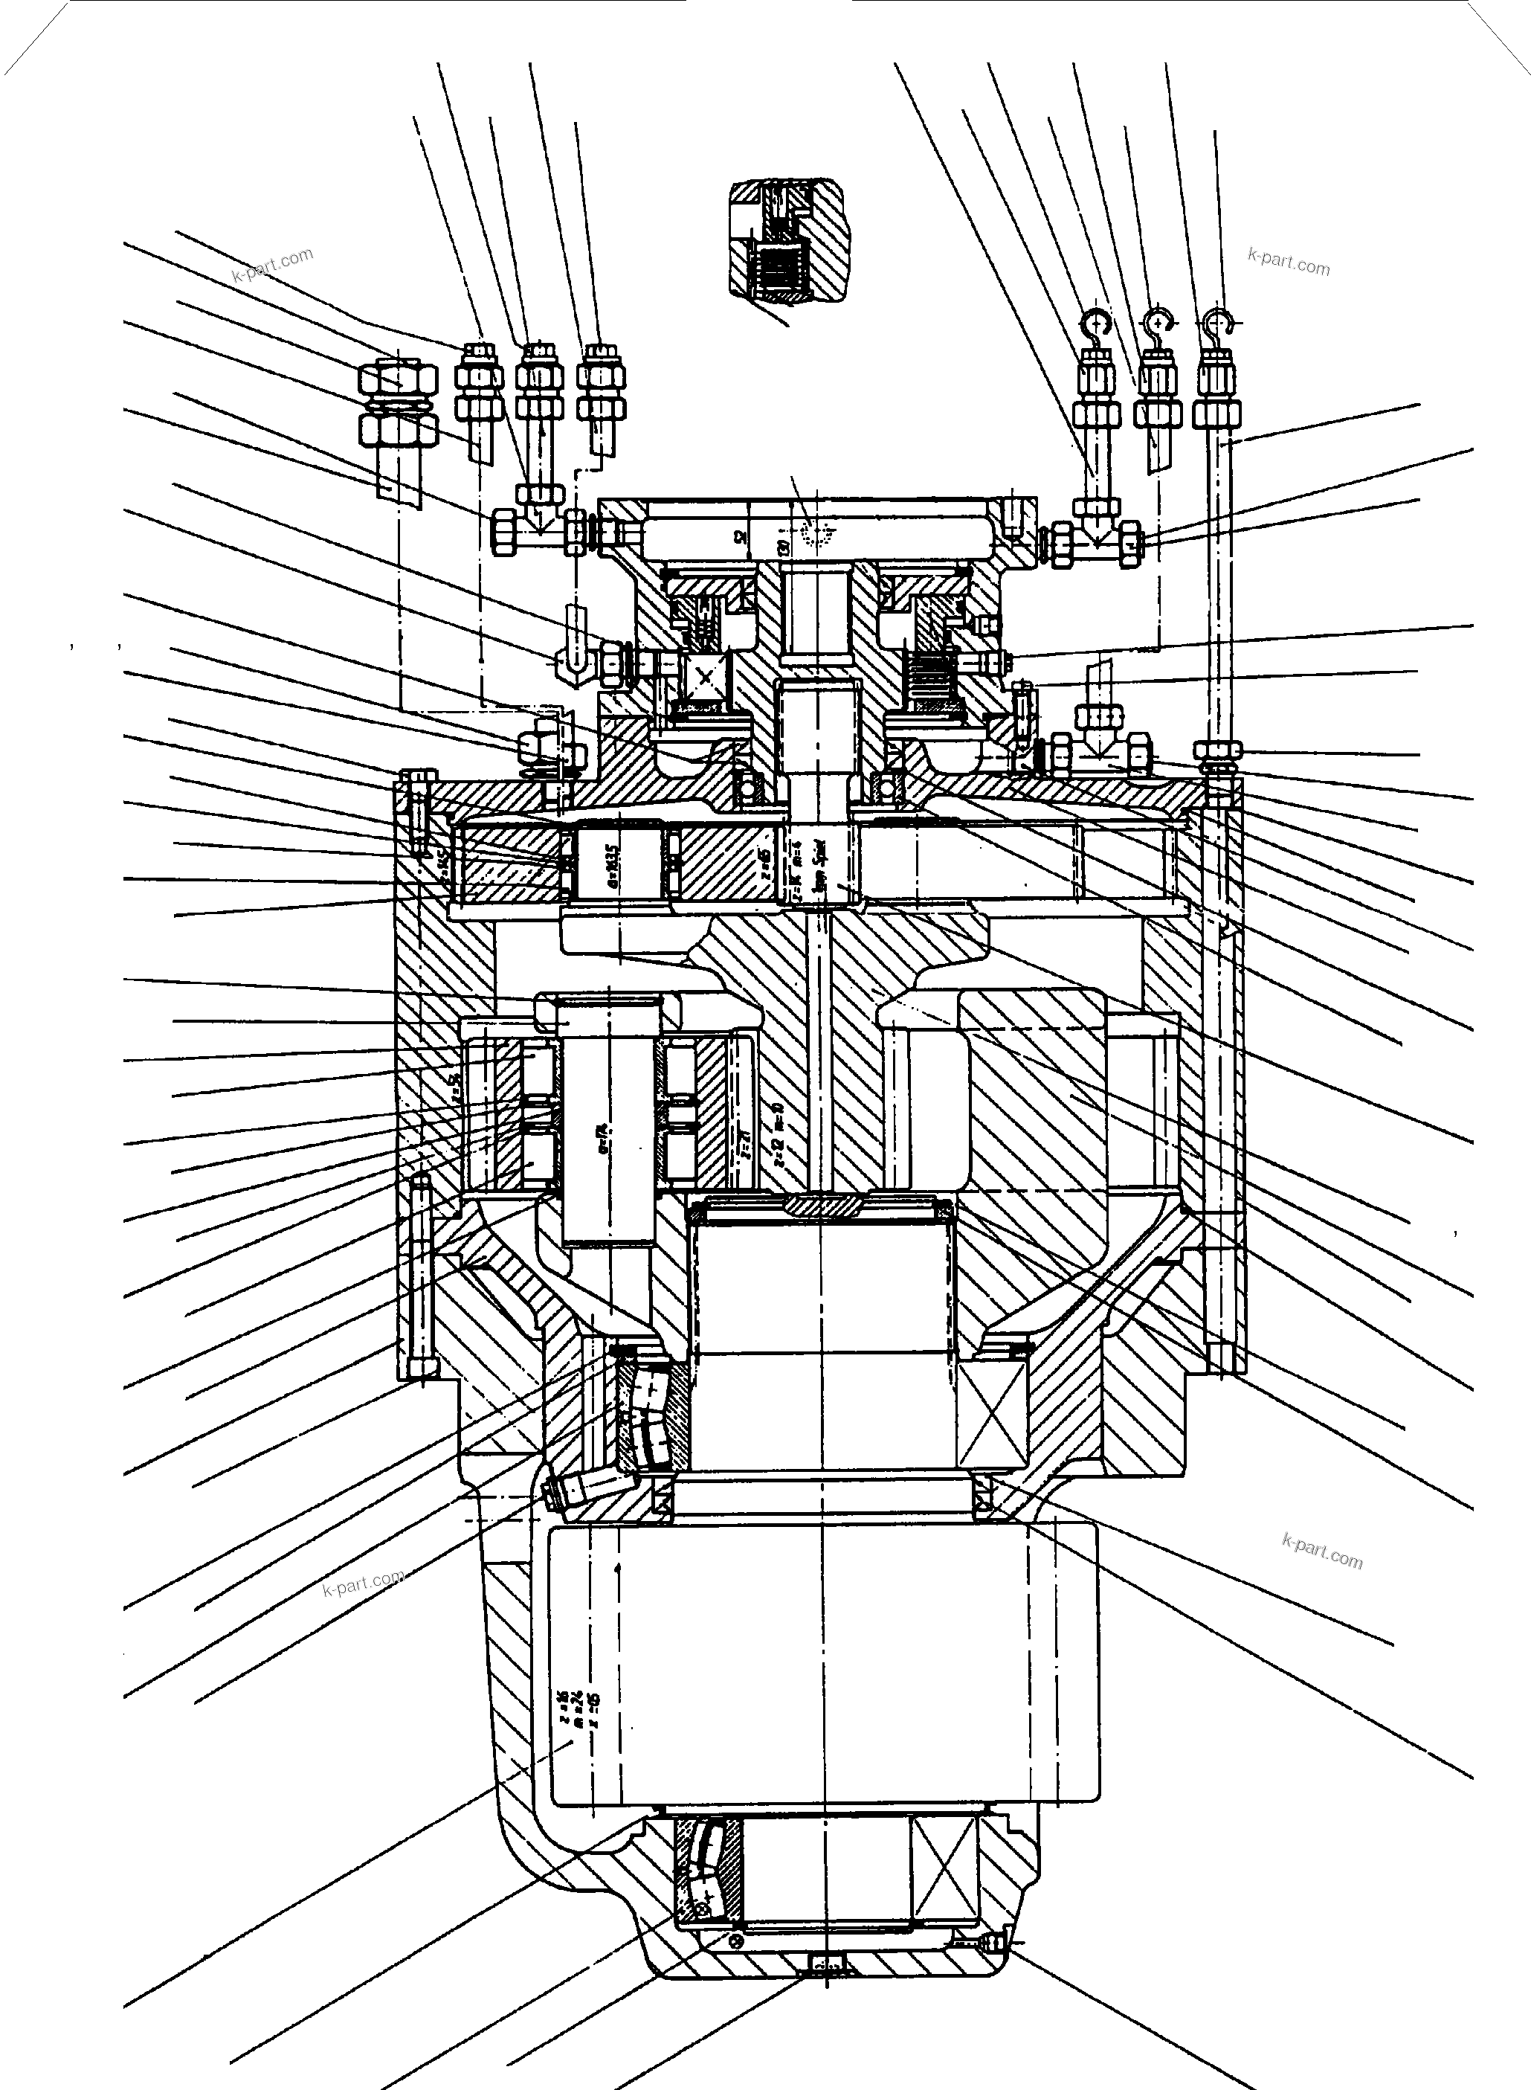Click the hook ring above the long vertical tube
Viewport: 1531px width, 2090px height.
tap(1219, 324)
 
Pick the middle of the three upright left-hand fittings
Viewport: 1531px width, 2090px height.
tap(539, 380)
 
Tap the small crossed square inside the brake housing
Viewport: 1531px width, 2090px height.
tap(707, 678)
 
